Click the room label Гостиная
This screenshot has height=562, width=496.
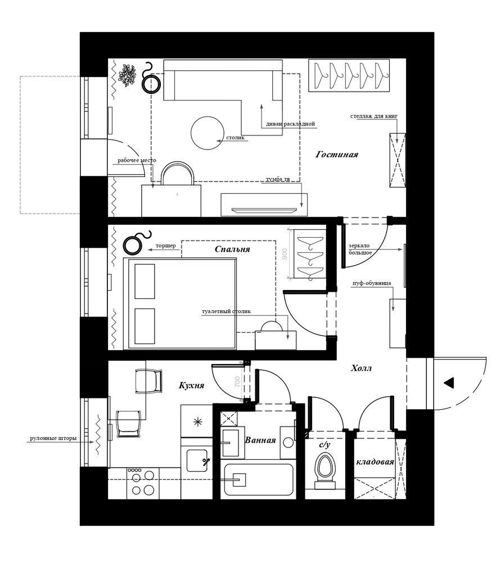[x=337, y=155]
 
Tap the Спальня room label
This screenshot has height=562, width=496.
[x=232, y=249]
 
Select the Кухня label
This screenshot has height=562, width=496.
[x=192, y=386]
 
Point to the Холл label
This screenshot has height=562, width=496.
[x=361, y=368]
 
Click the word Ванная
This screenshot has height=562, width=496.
[x=260, y=440]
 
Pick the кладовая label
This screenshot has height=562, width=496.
[x=375, y=462]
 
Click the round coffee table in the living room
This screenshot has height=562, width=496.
[x=208, y=133]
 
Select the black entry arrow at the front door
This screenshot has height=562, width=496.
[x=449, y=383]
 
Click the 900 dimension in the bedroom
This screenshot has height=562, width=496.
[x=285, y=254]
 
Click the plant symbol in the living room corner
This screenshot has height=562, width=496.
[x=127, y=75]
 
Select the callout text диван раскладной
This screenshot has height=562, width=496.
[x=291, y=124]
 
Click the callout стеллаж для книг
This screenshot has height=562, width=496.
[x=374, y=116]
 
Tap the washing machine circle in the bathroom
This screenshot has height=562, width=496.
[x=288, y=442]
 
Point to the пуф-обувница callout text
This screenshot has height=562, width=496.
[x=372, y=283]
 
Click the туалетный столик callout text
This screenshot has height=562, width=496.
[x=226, y=311]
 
